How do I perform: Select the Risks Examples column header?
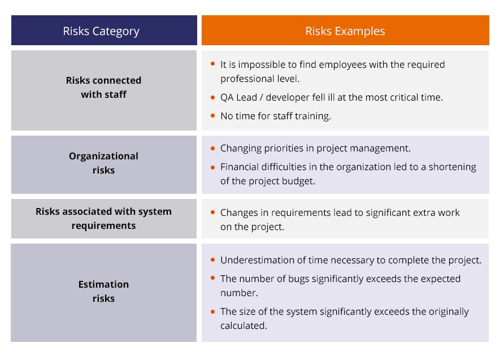[x=345, y=31]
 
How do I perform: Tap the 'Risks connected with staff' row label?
[x=103, y=88]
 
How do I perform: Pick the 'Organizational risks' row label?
[x=103, y=163]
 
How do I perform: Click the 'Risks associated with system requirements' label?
[x=103, y=218]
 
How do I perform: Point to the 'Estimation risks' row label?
[x=103, y=291]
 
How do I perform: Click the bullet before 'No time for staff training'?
[x=212, y=116]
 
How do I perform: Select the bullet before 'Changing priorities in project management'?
[x=212, y=149]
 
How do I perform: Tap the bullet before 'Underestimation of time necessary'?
[x=212, y=260]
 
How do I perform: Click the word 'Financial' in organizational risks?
[x=241, y=167]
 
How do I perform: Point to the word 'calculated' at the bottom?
[x=244, y=326]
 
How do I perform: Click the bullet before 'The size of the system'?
[x=212, y=311]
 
